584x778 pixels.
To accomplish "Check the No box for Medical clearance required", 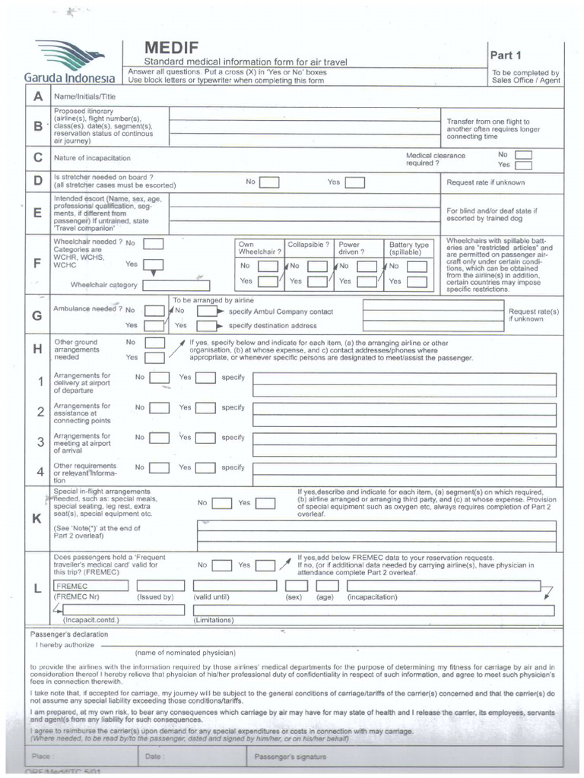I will pos(523,154).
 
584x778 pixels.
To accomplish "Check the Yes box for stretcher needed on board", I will pos(354,182).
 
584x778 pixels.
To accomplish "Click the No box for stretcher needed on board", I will pos(269,182).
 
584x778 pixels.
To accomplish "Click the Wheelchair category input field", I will pos(176,286).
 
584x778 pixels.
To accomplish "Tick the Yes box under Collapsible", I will pos(318,281).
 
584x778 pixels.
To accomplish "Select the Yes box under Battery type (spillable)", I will pos(415,281).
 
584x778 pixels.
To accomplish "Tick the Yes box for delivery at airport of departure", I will pos(205,378).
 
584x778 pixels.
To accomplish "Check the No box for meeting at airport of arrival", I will pos(159,438).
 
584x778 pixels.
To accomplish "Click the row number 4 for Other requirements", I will pos(40,472).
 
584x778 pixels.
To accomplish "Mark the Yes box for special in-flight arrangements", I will pos(265,503).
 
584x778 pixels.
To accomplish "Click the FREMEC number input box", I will pos(90,586).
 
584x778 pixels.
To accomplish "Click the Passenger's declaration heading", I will pos(68,634).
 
